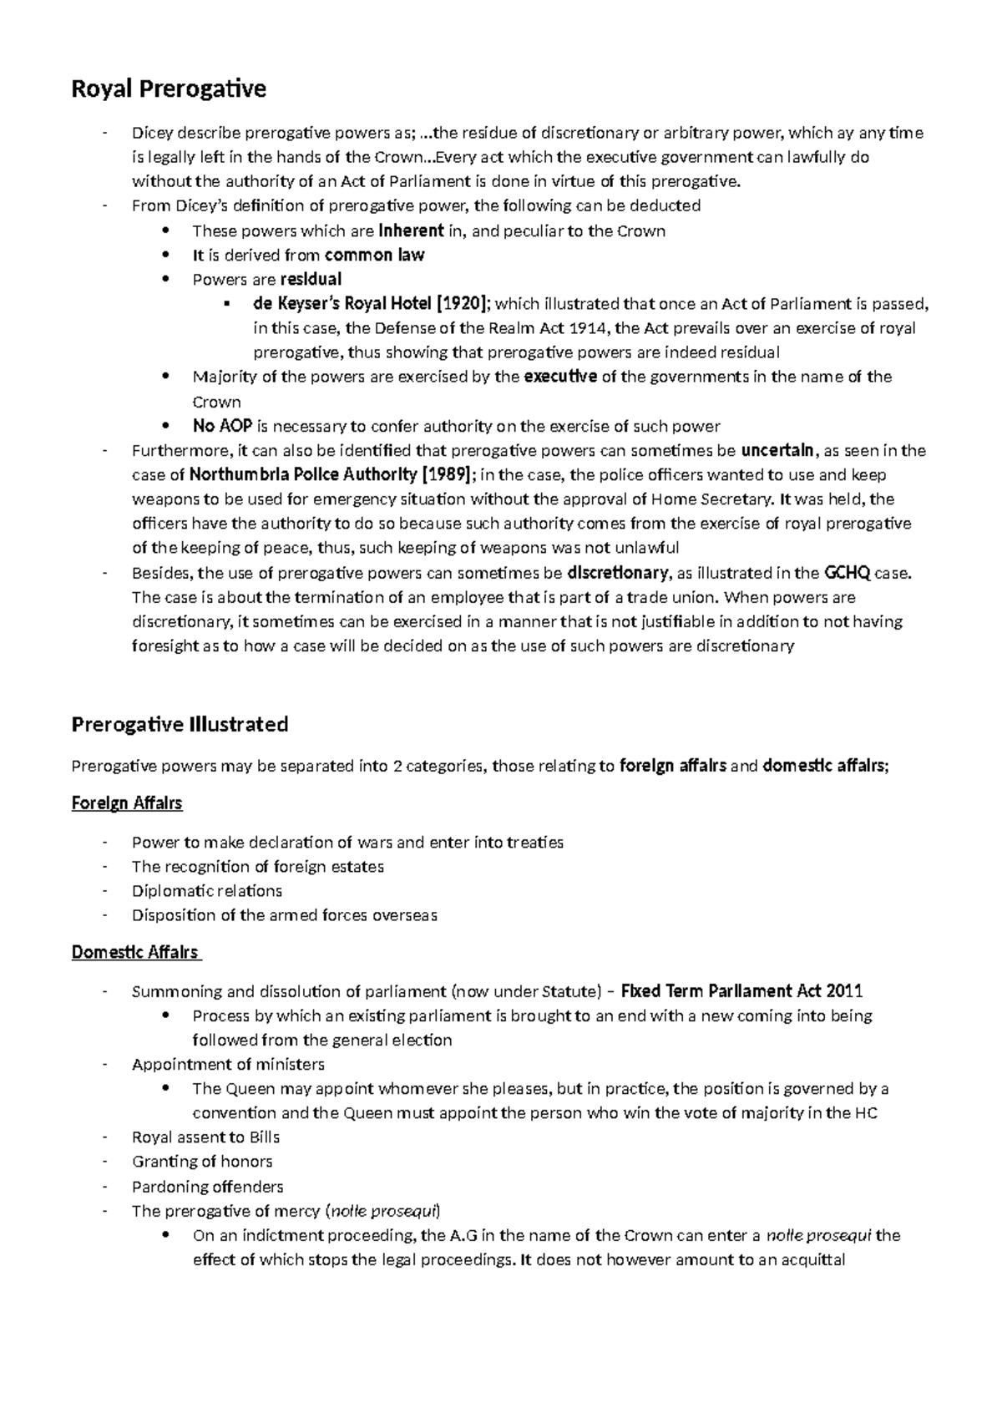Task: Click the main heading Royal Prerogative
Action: [169, 89]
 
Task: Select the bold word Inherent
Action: [410, 231]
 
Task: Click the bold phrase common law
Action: [374, 256]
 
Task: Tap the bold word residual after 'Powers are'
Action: [311, 280]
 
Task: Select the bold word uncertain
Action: [778, 451]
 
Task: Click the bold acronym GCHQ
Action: [847, 573]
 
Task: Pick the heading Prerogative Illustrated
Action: [180, 724]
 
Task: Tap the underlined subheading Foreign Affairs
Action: [127, 803]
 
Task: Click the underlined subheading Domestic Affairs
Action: [135, 952]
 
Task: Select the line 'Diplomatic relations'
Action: [207, 891]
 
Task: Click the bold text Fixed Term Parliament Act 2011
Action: [742, 991]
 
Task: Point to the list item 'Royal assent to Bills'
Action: [205, 1137]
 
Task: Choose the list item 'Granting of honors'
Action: [202, 1162]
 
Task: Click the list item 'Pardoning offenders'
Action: [207, 1187]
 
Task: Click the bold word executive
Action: [559, 377]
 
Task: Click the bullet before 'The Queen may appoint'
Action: [168, 1089]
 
